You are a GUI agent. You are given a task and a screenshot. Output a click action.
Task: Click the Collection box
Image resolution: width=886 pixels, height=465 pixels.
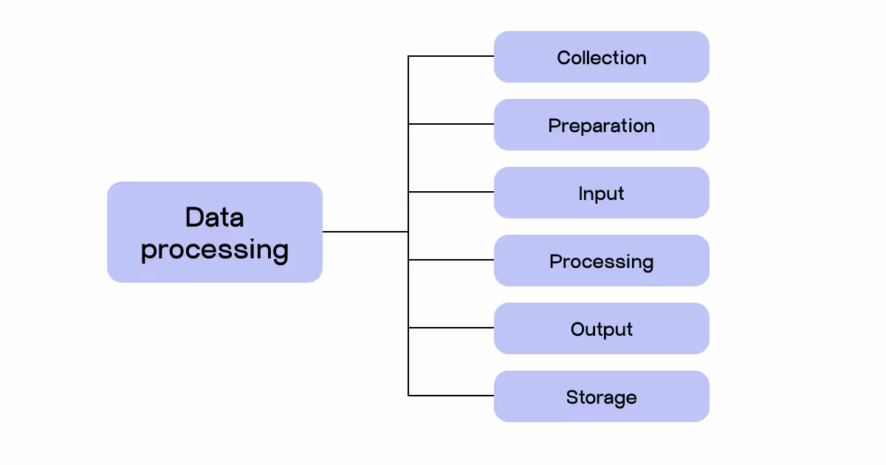pyautogui.click(x=601, y=57)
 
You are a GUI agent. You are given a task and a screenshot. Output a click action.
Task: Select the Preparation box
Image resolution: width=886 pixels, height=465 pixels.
pyautogui.click(x=601, y=125)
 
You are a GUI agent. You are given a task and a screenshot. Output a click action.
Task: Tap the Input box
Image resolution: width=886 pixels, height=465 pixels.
pyautogui.click(x=601, y=193)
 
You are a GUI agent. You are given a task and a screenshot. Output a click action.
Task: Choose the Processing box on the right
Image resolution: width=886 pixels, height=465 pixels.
pyautogui.click(x=601, y=261)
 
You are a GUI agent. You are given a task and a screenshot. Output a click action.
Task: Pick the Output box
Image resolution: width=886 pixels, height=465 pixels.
pyautogui.click(x=601, y=328)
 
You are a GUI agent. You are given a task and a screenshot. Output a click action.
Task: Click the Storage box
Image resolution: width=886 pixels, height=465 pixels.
pyautogui.click(x=601, y=396)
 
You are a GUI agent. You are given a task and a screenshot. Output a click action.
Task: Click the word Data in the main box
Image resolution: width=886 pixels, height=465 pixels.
pyautogui.click(x=214, y=217)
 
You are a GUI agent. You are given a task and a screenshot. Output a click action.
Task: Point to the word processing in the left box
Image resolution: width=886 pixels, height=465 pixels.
pyautogui.click(x=214, y=249)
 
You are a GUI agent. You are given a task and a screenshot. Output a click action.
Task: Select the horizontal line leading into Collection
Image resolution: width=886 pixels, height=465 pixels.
pyautogui.click(x=451, y=56)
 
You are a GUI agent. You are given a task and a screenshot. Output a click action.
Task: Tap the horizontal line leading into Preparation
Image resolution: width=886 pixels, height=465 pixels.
pyautogui.click(x=451, y=124)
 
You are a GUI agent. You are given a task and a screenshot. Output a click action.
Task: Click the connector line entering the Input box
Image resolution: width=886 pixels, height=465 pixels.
pyautogui.click(x=451, y=192)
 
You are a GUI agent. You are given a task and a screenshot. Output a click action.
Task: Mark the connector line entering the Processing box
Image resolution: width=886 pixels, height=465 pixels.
pyautogui.click(x=451, y=260)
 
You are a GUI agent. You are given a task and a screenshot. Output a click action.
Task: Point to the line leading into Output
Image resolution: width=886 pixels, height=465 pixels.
pyautogui.click(x=451, y=328)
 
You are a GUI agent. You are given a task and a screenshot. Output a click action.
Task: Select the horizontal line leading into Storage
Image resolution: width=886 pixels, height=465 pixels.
pyautogui.click(x=451, y=396)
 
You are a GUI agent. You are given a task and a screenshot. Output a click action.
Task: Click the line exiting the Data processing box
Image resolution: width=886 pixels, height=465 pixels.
pyautogui.click(x=365, y=232)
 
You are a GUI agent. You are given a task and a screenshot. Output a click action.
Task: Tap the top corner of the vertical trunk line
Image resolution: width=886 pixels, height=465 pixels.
pyautogui.click(x=408, y=56)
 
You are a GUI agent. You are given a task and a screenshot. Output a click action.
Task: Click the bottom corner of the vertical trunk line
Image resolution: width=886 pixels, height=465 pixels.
pyautogui.click(x=408, y=396)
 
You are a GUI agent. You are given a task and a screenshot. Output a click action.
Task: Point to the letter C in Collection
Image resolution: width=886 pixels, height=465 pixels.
pyautogui.click(x=563, y=58)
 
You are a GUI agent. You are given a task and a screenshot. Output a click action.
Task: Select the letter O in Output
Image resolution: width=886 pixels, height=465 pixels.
pyautogui.click(x=577, y=329)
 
